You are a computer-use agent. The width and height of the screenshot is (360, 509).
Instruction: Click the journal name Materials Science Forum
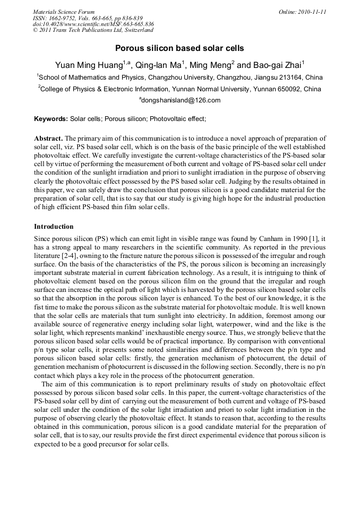tap(64, 12)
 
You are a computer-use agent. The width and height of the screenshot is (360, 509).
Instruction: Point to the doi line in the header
tap(93, 24)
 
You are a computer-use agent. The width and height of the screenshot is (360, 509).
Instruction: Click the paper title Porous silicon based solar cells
tap(179, 48)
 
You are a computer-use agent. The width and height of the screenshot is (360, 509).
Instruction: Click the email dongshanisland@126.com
tap(181, 100)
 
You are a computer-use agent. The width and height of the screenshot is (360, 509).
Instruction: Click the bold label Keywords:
tap(51, 119)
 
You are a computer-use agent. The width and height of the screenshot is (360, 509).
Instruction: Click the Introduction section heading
tap(54, 227)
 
